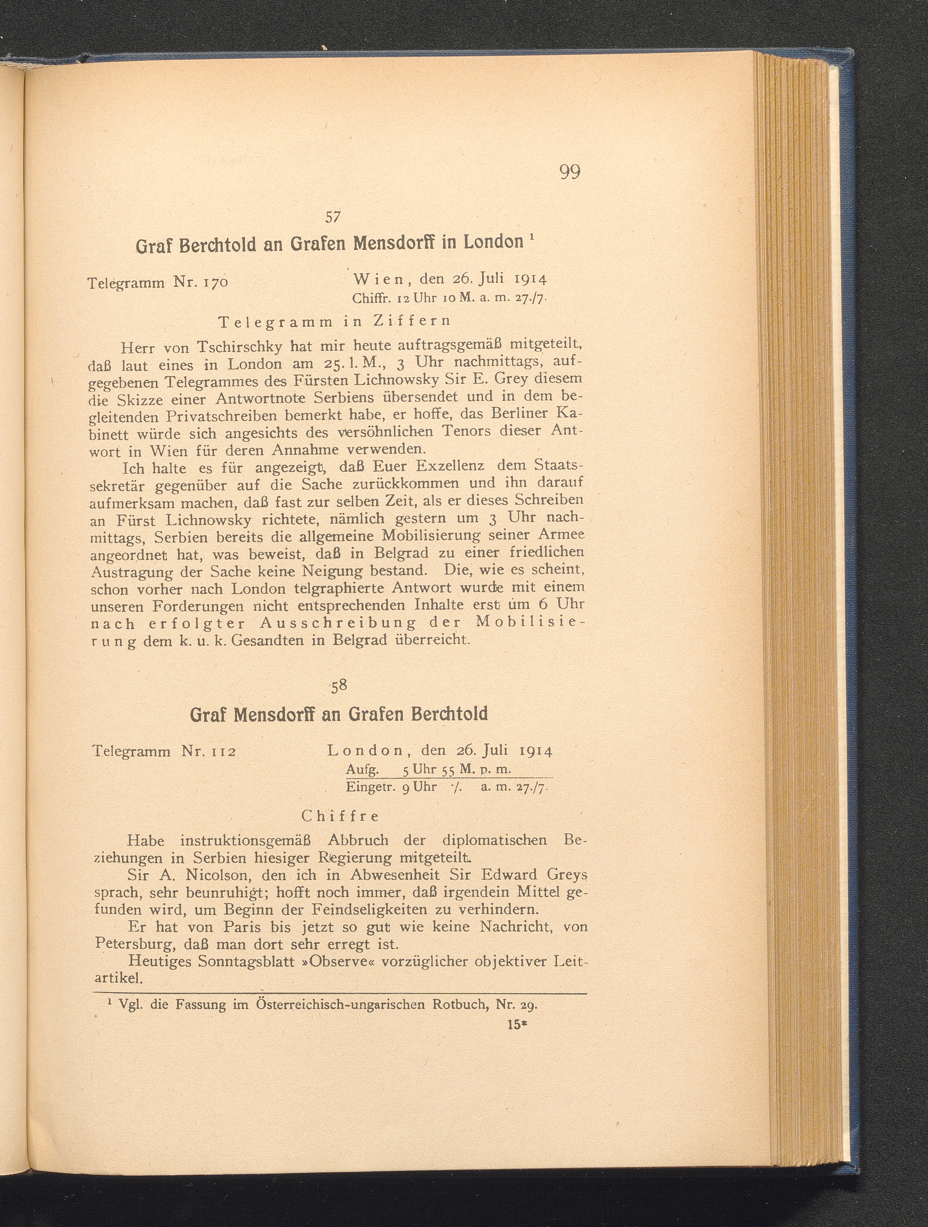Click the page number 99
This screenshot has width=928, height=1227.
(570, 172)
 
